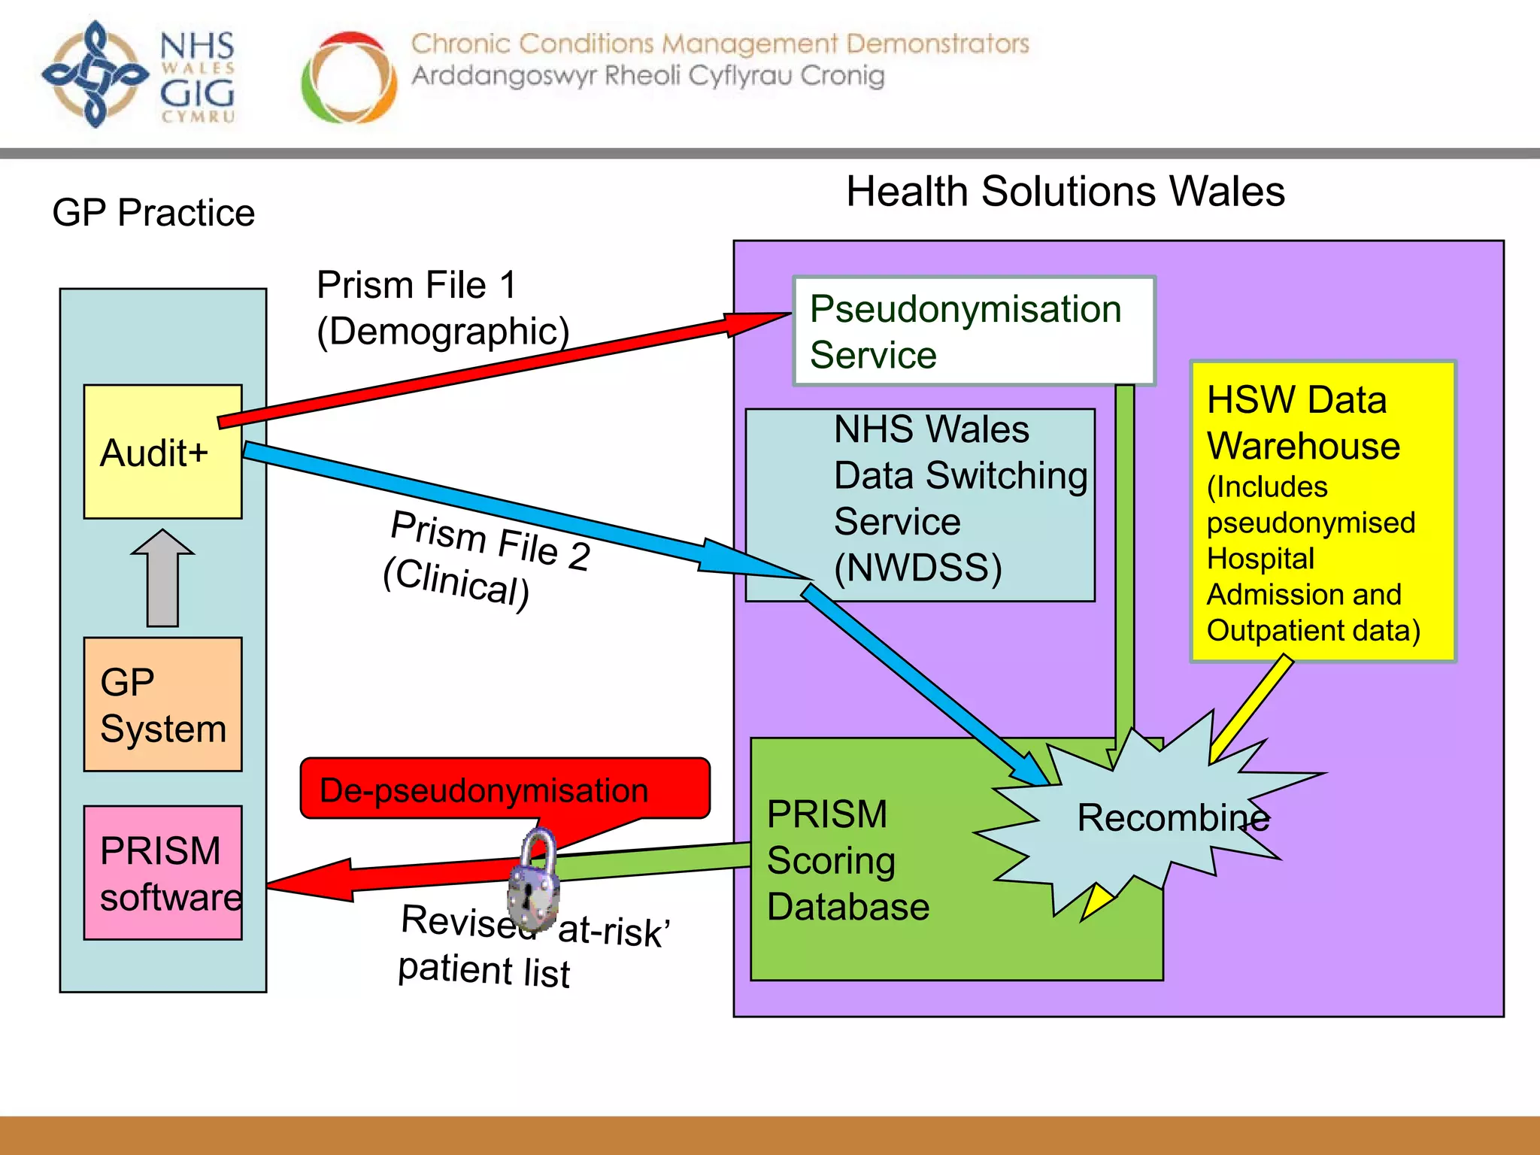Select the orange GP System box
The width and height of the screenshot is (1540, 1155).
pyautogui.click(x=162, y=704)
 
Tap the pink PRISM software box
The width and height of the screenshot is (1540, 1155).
pyautogui.click(x=162, y=872)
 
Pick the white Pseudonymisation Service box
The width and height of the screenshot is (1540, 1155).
pyautogui.click(x=974, y=332)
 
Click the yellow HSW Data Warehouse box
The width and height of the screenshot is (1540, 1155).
pyautogui.click(x=1323, y=511)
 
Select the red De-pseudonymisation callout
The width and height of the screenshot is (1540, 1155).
pyautogui.click(x=504, y=789)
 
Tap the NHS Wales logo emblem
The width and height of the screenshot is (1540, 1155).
pyautogui.click(x=95, y=74)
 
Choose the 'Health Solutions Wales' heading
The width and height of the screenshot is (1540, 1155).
pyautogui.click(x=1065, y=191)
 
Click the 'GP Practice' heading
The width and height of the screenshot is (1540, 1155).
pyautogui.click(x=153, y=213)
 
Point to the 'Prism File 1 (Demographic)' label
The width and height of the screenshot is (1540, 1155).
pyautogui.click(x=442, y=308)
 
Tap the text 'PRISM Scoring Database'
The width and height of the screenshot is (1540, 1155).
pyautogui.click(x=848, y=860)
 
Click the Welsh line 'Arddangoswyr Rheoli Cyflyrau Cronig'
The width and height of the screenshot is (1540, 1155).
pyautogui.click(x=647, y=76)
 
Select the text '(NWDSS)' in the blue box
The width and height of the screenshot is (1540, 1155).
pyautogui.click(x=918, y=568)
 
